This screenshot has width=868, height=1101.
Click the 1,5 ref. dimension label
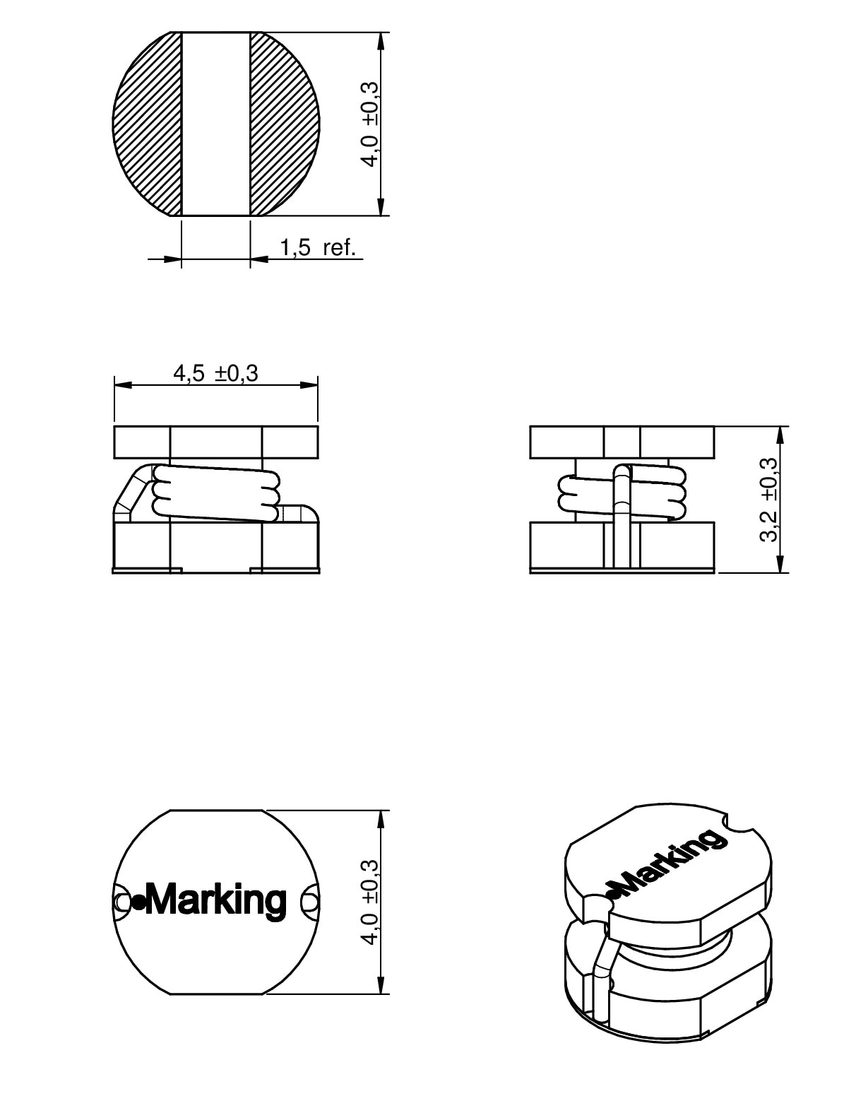(318, 247)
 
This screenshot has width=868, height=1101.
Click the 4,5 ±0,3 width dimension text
(216, 374)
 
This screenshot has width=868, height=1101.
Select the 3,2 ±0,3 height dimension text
(769, 500)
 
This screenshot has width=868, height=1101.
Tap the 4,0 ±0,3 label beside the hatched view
(369, 124)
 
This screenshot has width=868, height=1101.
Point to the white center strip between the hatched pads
(216, 124)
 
